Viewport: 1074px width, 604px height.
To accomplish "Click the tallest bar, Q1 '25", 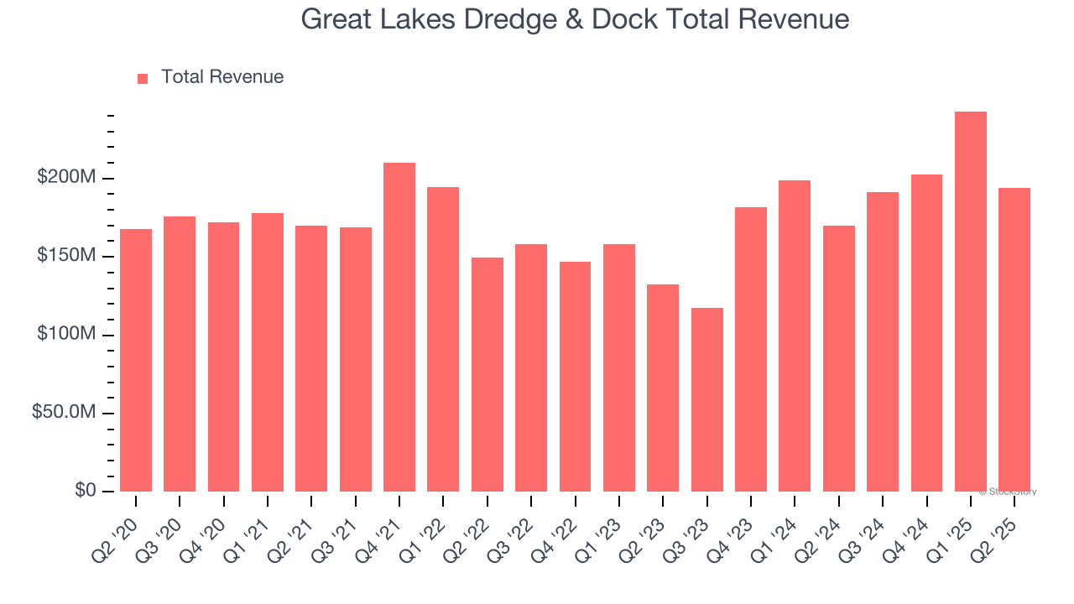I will coord(970,302).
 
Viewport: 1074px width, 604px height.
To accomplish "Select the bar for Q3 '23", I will coord(706,399).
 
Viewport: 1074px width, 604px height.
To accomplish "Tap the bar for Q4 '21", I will coord(399,327).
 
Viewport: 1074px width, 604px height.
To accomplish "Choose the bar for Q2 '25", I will coord(1014,340).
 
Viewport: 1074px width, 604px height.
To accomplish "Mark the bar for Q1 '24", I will coord(795,336).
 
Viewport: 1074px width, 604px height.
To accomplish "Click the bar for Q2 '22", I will coord(487,374).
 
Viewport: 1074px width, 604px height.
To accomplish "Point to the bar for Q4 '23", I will coord(750,349).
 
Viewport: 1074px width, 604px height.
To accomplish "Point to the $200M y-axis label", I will coord(66,178).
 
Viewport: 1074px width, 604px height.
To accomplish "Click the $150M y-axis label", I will coord(66,256).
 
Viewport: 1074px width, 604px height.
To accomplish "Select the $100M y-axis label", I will coord(66,335).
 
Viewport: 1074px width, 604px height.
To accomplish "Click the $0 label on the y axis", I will coord(86,491).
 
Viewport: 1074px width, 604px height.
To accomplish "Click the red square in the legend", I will coord(143,78).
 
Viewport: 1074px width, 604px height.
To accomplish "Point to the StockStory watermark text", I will coord(1008,492).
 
